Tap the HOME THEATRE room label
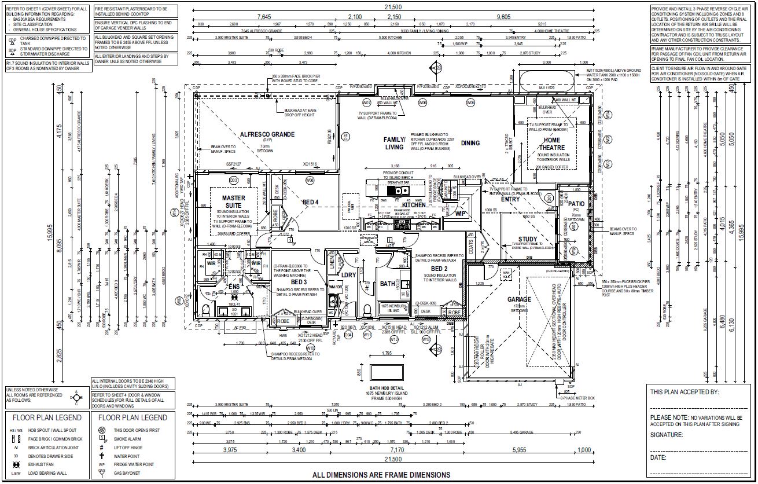[551, 144]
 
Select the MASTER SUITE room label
[234, 201]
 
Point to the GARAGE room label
[519, 299]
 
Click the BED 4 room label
[310, 202]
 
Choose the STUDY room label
[528, 239]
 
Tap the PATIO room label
[576, 204]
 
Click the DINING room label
[470, 143]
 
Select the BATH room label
[387, 284]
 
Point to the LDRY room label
[348, 274]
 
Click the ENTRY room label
[510, 199]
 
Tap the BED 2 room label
[439, 269]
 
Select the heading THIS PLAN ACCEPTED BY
[685, 392]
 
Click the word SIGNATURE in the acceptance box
[667, 434]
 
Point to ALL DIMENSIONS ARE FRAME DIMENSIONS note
[381, 475]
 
